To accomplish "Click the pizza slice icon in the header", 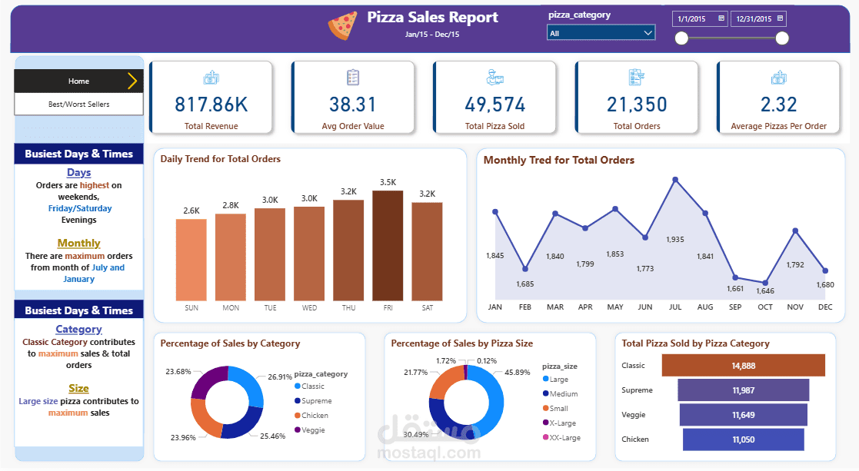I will click(x=342, y=25).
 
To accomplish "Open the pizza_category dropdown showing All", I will click(x=601, y=33).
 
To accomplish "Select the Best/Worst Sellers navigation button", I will click(x=78, y=104).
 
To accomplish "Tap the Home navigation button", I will click(x=78, y=81).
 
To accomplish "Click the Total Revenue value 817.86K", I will click(x=211, y=104).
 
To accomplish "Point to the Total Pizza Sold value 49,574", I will click(x=495, y=104).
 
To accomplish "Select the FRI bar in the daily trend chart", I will click(x=388, y=246).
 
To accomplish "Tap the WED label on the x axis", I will click(x=309, y=308).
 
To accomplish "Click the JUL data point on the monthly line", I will click(x=675, y=180).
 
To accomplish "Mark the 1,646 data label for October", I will click(x=764, y=291).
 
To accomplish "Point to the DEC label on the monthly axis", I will click(x=825, y=307).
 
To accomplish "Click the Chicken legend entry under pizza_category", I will click(x=315, y=416).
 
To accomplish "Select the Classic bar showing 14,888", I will click(x=743, y=366).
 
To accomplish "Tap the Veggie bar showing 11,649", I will click(x=743, y=415).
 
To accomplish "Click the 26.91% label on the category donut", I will click(x=279, y=377).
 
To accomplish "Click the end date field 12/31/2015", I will click(x=753, y=19).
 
